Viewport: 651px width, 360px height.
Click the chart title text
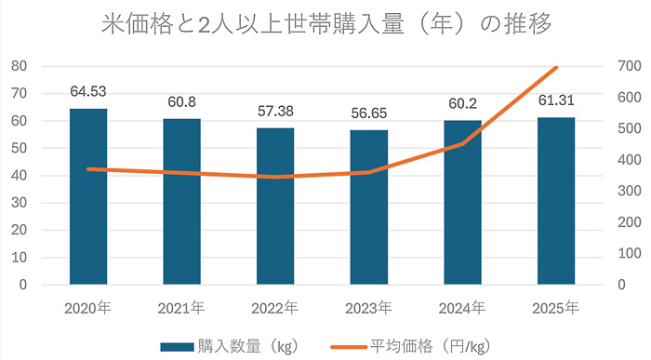(325, 24)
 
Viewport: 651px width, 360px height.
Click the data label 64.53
(88, 92)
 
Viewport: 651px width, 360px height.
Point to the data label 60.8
(182, 102)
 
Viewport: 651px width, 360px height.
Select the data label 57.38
(275, 112)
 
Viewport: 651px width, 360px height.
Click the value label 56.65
(369, 113)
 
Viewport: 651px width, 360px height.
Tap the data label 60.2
(462, 104)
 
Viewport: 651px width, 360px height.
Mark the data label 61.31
(556, 101)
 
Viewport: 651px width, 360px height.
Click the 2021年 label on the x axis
(182, 308)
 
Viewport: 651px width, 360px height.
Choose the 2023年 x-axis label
(369, 308)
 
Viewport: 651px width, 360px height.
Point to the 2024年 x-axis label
(462, 308)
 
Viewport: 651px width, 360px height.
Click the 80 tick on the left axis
(18, 66)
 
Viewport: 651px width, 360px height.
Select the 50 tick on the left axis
(18, 148)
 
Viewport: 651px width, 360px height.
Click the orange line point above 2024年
(462, 143)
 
